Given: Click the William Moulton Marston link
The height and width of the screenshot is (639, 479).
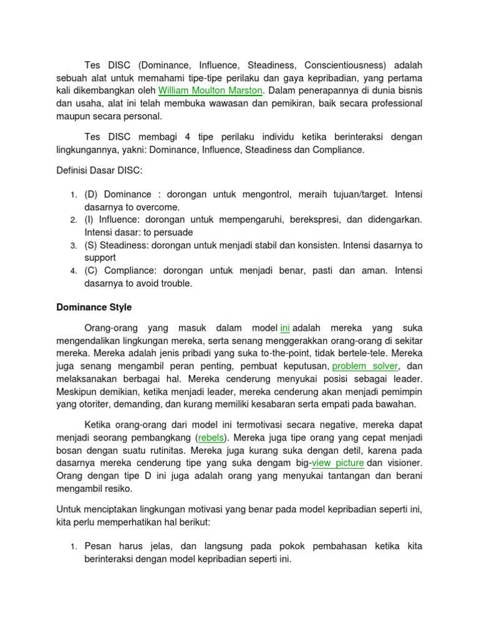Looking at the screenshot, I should click(x=210, y=90).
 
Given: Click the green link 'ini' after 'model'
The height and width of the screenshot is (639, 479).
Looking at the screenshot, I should click(x=286, y=328).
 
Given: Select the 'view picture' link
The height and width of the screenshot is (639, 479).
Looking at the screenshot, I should click(x=339, y=462).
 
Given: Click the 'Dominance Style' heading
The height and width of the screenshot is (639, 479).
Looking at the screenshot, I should click(x=94, y=307).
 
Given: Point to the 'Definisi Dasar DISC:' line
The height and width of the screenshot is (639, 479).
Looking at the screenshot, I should click(x=100, y=170).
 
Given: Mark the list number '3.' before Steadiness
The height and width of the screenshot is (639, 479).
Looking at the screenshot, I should click(x=74, y=245).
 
